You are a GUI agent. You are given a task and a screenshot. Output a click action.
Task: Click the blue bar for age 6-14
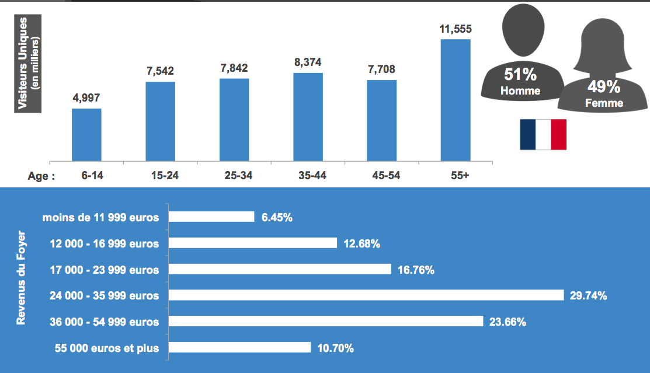click(x=86, y=134)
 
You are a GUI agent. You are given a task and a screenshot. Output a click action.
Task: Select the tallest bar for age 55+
click(x=456, y=99)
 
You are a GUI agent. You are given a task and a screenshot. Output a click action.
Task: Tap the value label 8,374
click(x=308, y=62)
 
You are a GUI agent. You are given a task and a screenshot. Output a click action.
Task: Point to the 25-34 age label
click(x=234, y=176)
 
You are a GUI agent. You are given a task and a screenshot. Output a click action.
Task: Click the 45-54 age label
click(x=381, y=176)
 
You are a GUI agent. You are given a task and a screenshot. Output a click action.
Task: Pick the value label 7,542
click(x=160, y=71)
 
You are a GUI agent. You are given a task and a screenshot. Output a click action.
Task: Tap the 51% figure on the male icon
click(x=520, y=75)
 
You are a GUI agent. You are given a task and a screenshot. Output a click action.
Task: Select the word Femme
click(x=604, y=103)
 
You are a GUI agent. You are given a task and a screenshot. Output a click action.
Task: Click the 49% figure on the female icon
click(x=604, y=88)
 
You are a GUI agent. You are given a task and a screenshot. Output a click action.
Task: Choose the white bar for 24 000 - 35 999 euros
click(x=366, y=295)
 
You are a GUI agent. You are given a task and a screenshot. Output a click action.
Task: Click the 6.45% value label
click(x=277, y=217)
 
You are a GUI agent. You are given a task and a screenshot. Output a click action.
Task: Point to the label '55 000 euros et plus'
click(x=107, y=348)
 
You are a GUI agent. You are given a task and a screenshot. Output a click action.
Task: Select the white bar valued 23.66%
click(x=326, y=322)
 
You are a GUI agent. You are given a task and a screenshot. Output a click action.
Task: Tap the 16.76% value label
click(x=416, y=270)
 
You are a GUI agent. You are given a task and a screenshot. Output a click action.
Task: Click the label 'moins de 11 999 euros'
click(x=100, y=217)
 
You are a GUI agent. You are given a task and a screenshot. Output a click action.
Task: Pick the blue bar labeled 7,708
click(x=381, y=120)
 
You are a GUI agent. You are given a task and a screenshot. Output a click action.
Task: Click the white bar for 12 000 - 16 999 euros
click(x=253, y=243)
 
